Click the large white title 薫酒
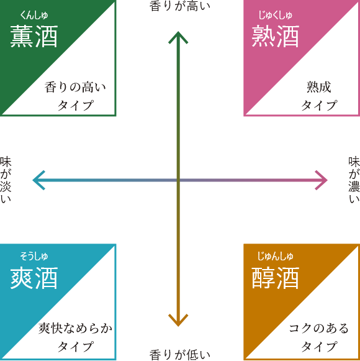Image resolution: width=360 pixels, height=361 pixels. (34, 37)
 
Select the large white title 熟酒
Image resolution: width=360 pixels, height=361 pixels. (276, 37)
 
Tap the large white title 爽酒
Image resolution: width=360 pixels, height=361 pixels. (34, 278)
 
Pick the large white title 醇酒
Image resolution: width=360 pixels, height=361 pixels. (276, 278)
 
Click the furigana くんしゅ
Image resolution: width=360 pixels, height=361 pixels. (34, 15)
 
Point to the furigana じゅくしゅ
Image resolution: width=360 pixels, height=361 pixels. (276, 15)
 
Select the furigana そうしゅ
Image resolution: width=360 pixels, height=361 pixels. (34, 256)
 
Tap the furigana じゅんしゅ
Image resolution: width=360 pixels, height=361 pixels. (276, 256)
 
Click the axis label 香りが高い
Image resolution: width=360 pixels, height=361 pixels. (180, 6)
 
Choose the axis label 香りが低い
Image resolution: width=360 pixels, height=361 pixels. (180, 355)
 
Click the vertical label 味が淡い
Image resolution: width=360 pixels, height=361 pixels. (6, 180)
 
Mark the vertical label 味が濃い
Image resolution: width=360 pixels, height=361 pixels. (354, 180)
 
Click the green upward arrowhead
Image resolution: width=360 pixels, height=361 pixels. (178, 37)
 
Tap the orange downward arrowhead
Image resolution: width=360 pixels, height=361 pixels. (178, 321)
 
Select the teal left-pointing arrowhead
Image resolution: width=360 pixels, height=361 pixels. (38, 180)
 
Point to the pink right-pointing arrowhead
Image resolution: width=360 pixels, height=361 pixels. (322, 180)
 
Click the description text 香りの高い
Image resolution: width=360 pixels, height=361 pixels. (75, 87)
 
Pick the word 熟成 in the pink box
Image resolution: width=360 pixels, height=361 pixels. (319, 87)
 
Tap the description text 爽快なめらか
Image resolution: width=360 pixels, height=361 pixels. (75, 328)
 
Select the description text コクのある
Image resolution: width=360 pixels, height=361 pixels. (319, 328)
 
